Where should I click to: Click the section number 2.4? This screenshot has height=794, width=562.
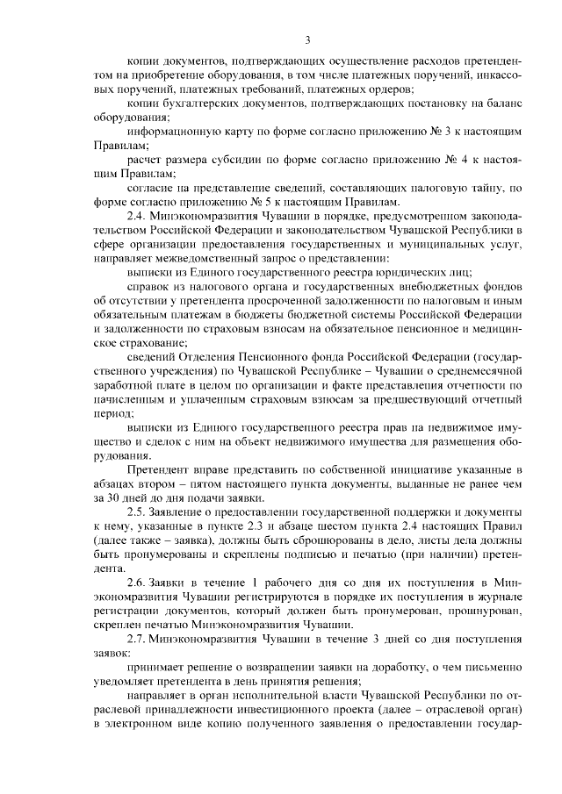[138, 216]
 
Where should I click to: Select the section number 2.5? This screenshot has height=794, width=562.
[138, 511]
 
